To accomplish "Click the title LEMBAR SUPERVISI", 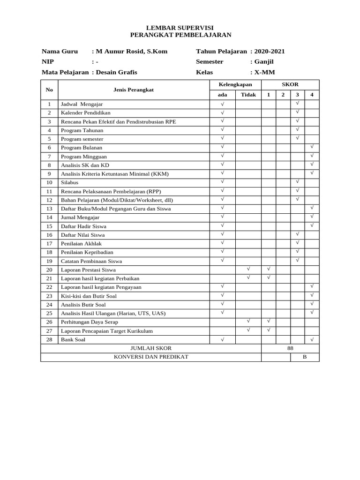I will pos(180,28).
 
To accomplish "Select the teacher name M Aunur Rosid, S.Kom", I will pos(131,52).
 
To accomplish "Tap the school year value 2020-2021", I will pos(270,52).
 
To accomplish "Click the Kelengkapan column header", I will pos(235,85).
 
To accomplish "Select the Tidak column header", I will pos(248,95).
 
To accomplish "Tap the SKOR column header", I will pos(290,85).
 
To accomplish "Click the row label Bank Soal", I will pos(73,339).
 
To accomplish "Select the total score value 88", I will pos(290,348).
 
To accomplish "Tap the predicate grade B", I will pos(304,357).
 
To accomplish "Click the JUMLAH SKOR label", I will pos(150,348).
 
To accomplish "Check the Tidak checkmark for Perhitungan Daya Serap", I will pos(248,321).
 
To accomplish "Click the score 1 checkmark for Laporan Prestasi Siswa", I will pos(269,269).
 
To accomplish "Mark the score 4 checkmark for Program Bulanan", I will pos(312,147).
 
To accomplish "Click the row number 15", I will pos(49,226).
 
